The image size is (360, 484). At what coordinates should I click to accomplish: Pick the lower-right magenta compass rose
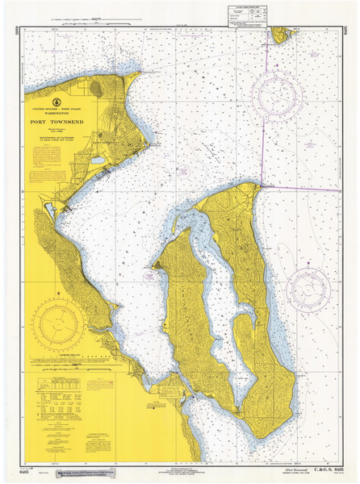click(308, 289)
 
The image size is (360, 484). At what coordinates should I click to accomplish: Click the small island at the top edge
click(281, 34)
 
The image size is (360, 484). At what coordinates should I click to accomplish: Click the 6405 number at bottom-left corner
click(17, 469)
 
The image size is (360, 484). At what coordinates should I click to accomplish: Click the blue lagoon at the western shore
click(49, 208)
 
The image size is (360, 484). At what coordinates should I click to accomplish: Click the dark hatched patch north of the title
click(95, 86)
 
